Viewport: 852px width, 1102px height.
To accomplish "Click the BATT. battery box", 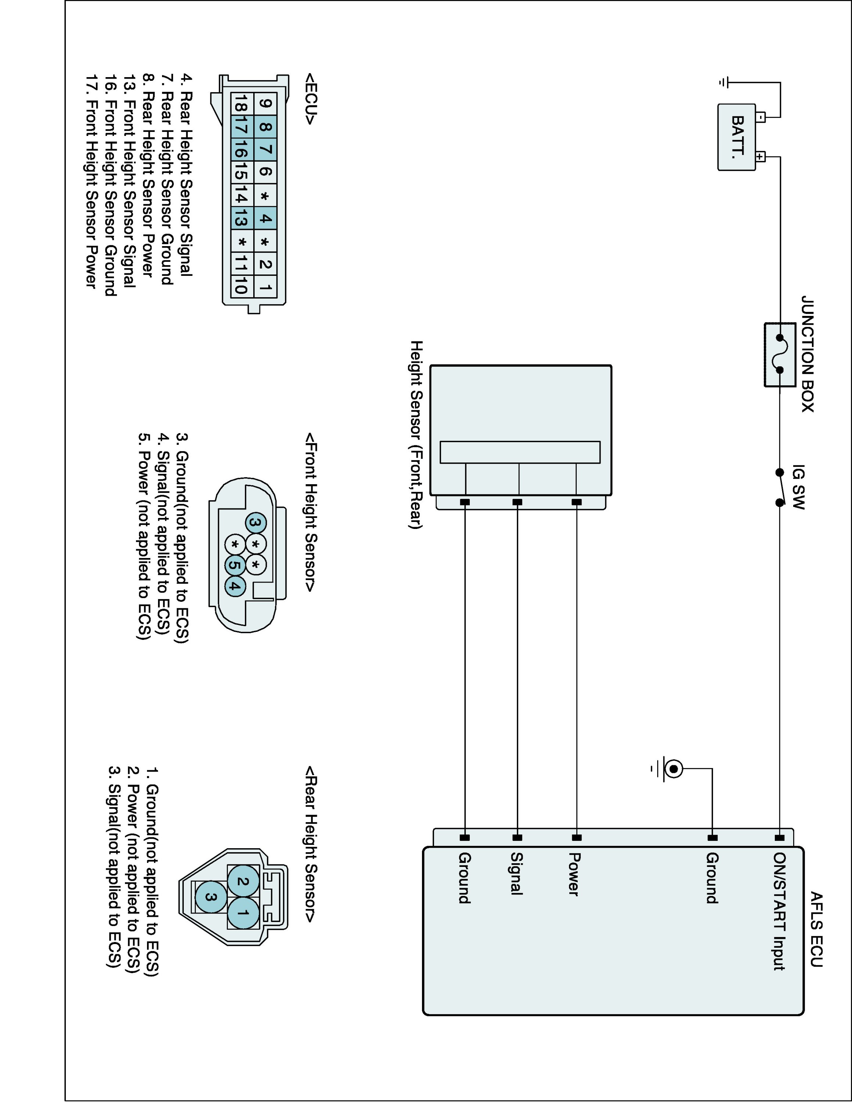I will pyautogui.click(x=737, y=137).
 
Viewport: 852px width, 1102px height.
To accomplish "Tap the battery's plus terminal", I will pyautogui.click(x=760, y=156).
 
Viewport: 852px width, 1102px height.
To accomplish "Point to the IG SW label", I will pyautogui.click(x=798, y=487).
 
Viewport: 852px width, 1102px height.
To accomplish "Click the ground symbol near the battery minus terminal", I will pyautogui.click(x=724, y=83).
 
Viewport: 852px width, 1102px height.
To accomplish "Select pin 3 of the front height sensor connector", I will pyautogui.click(x=255, y=523).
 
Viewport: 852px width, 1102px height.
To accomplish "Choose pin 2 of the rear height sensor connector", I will pyautogui.click(x=243, y=882).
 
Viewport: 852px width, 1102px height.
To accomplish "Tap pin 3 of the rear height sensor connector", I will pyautogui.click(x=211, y=897).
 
